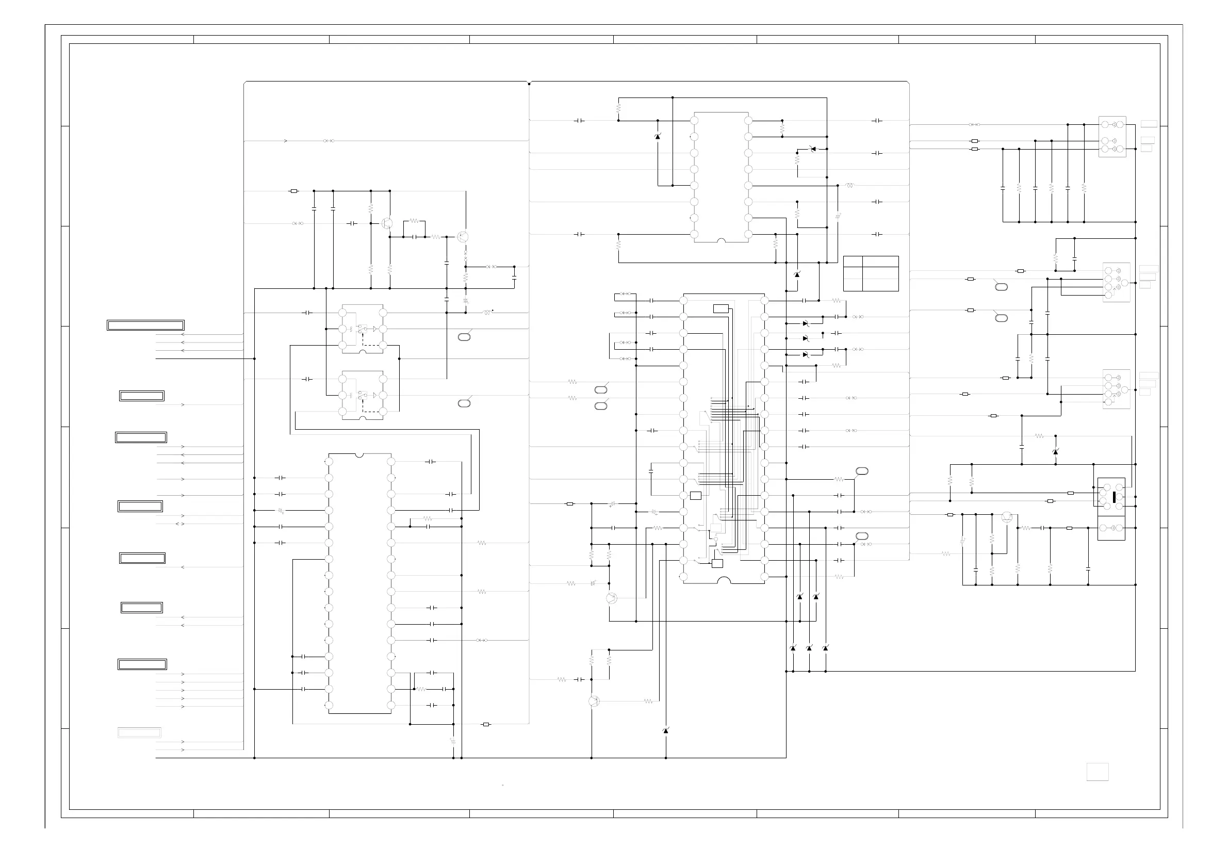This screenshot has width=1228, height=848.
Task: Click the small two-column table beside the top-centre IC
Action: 871,273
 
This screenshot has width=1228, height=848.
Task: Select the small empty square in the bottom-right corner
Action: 1097,772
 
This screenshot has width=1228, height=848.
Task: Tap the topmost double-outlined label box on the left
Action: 145,325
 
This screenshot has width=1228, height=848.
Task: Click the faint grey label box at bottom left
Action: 139,732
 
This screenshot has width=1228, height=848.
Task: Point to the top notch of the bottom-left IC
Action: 359,455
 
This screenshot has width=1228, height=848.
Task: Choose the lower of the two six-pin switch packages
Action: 362,395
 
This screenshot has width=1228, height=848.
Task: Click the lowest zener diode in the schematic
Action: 665,730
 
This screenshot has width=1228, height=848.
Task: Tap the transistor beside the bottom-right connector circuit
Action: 1007,517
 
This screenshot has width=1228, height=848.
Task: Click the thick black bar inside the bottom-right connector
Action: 1114,497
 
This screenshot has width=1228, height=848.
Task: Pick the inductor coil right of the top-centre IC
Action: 849,185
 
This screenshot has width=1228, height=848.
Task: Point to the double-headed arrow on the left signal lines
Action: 180,524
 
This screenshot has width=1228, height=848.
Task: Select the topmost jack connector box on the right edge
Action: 1112,137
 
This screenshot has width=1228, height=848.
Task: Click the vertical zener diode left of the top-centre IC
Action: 658,137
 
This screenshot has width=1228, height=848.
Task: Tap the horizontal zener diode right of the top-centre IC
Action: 812,149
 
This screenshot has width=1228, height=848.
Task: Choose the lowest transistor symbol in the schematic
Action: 594,701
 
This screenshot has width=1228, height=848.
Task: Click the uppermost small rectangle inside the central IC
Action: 721,308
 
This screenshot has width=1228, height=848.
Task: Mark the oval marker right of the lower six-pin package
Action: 464,403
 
